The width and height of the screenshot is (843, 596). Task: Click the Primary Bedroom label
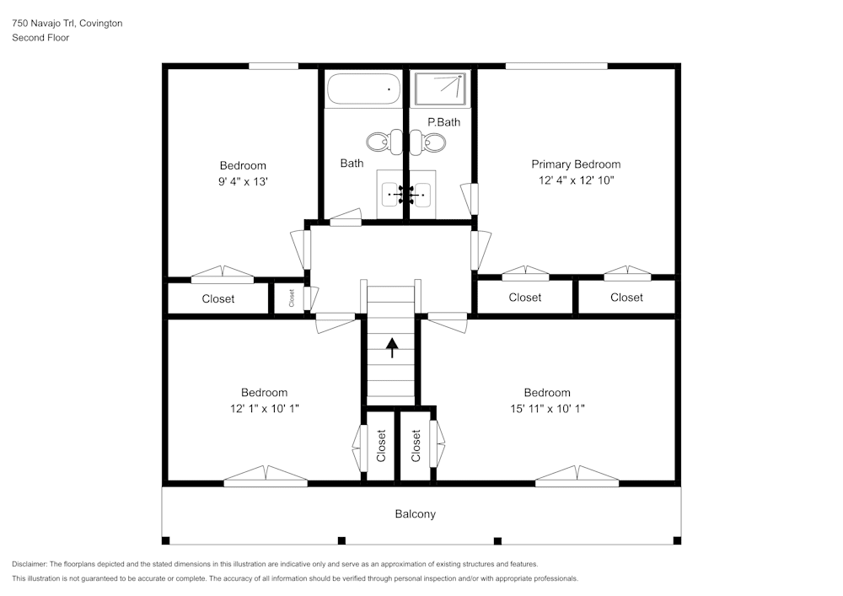(x=576, y=164)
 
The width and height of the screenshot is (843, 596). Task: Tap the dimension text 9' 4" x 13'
(x=243, y=181)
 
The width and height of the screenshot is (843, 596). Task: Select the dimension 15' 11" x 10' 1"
(x=546, y=408)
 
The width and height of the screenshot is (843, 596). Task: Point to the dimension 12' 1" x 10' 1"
(x=264, y=408)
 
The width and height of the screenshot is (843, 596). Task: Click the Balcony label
(x=416, y=513)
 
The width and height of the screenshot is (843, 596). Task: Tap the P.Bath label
(x=443, y=122)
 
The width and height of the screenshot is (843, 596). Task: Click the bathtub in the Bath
(x=364, y=89)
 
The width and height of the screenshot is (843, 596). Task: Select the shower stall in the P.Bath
(x=439, y=89)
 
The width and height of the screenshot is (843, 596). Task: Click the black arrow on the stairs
(x=393, y=346)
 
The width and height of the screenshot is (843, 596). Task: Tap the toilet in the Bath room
(x=379, y=142)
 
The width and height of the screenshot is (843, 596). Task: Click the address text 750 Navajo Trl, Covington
(x=67, y=24)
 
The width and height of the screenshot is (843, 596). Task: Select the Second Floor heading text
(x=40, y=38)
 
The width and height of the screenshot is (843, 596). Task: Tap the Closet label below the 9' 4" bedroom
(x=218, y=298)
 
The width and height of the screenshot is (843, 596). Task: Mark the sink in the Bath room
(x=392, y=195)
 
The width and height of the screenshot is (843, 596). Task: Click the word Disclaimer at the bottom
(x=30, y=564)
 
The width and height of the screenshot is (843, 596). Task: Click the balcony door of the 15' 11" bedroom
(x=577, y=477)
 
